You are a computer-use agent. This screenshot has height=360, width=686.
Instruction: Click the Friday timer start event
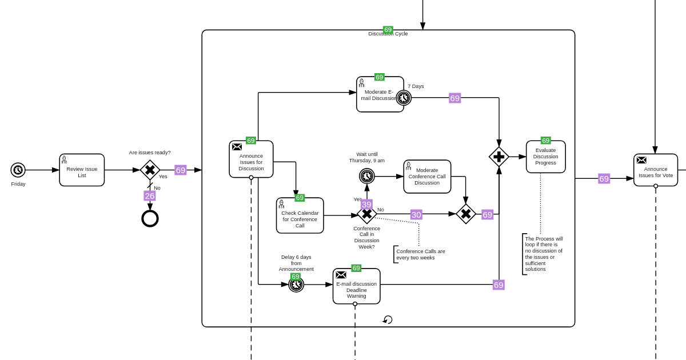click(x=18, y=170)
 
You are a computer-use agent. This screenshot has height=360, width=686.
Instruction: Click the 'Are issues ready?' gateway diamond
click(x=150, y=170)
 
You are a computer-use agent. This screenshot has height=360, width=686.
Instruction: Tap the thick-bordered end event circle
click(x=150, y=218)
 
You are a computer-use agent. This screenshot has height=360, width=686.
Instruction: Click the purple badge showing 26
click(x=150, y=196)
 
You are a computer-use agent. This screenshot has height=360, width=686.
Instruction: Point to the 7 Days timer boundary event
click(x=404, y=98)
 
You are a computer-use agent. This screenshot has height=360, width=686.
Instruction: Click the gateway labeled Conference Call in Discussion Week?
click(x=366, y=214)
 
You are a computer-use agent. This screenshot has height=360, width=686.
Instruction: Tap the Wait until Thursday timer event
click(x=366, y=176)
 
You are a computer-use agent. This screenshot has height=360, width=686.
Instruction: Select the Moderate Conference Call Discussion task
click(x=427, y=177)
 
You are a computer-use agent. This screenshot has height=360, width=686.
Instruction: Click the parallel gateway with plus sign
click(x=499, y=157)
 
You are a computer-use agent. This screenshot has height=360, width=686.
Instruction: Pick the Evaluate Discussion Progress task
click(x=545, y=157)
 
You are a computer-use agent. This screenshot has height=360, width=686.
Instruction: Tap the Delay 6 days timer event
click(x=296, y=285)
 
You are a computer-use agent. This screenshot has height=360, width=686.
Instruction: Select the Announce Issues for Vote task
click(x=655, y=170)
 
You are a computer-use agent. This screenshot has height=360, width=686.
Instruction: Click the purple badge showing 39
click(x=366, y=205)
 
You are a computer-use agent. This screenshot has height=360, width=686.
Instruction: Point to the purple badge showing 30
click(x=416, y=215)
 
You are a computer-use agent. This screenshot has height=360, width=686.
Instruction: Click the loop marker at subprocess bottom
click(x=388, y=319)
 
